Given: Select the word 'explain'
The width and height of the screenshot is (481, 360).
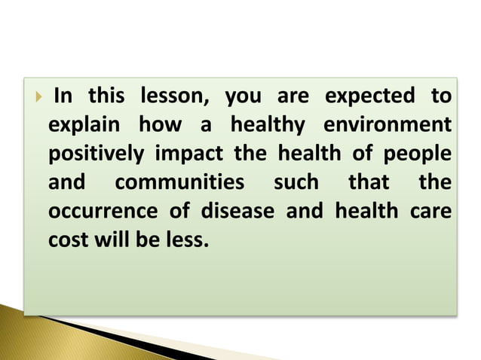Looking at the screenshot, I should point(80,125).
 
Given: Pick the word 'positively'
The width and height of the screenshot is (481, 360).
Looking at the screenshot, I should point(96,154).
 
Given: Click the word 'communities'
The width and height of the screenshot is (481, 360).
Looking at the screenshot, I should point(179,183).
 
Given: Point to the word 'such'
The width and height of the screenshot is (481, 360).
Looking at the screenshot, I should point(296,183).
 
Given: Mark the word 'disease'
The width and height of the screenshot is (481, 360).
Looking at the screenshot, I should point(237,212).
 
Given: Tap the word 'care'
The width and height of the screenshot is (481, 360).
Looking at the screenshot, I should point(431,212).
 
